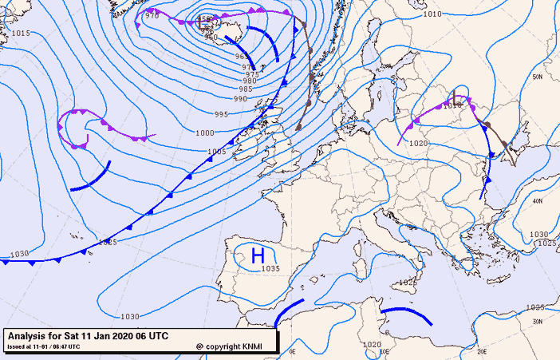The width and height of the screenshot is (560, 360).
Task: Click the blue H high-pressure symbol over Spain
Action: pyautogui.click(x=258, y=255)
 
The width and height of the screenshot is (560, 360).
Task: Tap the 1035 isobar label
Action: pyautogui.click(x=270, y=269)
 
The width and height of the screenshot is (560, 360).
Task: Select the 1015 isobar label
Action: pyautogui.click(x=22, y=33)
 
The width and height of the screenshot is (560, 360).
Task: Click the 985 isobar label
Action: pyautogui.click(x=246, y=89)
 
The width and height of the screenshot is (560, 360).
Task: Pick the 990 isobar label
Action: pyautogui.click(x=240, y=99)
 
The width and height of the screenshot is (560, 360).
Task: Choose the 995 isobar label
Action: pyautogui.click(x=221, y=115)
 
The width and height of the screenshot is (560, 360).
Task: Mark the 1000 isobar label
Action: pyautogui.click(x=204, y=133)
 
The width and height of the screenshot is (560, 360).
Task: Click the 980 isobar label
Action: pyautogui.click(x=250, y=81)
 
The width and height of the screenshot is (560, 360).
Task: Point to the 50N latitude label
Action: pyautogui.click(x=538, y=77)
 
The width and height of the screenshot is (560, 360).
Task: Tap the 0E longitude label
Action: pyautogui.click(x=292, y=350)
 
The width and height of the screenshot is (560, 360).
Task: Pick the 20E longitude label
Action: pyautogui.click(x=481, y=350)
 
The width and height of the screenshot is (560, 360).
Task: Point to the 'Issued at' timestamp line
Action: pyautogui.click(x=44, y=346)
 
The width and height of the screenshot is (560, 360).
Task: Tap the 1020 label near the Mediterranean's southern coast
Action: pyautogui.click(x=371, y=344)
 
